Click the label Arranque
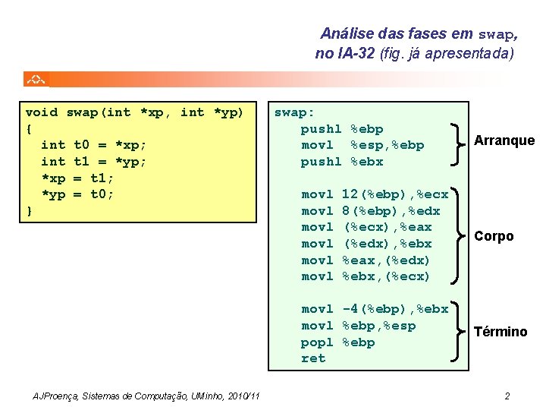click(504, 140)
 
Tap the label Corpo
click(494, 236)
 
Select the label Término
click(500, 332)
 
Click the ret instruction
click(313, 358)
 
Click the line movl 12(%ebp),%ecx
click(375, 194)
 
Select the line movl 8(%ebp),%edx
click(370, 210)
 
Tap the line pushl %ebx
click(342, 162)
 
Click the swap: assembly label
click(294, 112)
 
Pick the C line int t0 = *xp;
click(94, 145)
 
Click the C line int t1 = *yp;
click(94, 161)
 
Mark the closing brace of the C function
click(29, 210)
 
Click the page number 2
click(507, 396)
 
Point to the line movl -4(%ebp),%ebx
click(375, 309)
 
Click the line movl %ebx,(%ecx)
click(366, 276)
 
